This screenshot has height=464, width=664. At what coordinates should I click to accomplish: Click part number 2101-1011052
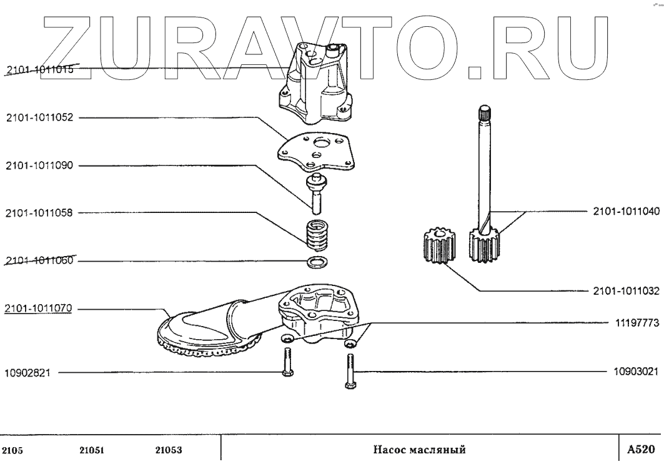coord(39,117)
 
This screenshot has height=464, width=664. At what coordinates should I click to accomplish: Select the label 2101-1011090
coord(39,165)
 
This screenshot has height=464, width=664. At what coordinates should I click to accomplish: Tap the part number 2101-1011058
coord(39,213)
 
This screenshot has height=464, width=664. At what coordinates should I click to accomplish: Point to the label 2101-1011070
coord(39,308)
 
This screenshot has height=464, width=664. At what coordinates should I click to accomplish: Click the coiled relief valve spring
coord(317,235)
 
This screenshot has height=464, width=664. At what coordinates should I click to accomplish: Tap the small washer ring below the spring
coord(317,260)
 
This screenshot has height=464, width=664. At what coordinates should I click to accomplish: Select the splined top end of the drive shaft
coord(485,115)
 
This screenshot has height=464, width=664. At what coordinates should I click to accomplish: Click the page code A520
coord(641,449)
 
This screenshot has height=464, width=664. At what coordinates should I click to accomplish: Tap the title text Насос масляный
coord(420,450)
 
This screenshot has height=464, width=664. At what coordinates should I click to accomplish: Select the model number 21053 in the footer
coord(169,450)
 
